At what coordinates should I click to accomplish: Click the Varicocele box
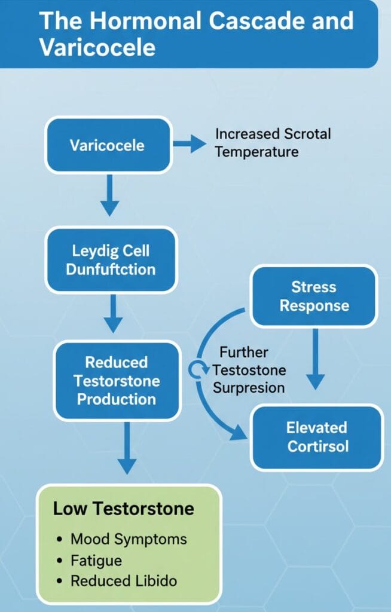[108, 145]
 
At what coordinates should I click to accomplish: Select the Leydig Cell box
[111, 259]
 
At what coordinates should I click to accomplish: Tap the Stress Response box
[313, 296]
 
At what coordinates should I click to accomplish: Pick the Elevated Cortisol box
[316, 437]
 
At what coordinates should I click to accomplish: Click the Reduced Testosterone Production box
[117, 381]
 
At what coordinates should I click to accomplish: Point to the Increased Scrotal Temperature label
[272, 143]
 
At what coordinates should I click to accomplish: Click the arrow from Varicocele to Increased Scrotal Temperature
[189, 143]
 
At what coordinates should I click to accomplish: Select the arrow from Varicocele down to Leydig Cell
[109, 197]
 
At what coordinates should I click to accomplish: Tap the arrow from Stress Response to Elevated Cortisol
[314, 359]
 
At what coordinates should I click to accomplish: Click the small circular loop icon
[197, 371]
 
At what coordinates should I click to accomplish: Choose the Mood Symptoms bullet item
[128, 538]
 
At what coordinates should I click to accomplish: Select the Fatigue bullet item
[96, 560]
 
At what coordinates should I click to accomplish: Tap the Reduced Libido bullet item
[123, 580]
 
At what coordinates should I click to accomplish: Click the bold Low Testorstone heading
[123, 509]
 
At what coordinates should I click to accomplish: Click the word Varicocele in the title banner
[97, 48]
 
